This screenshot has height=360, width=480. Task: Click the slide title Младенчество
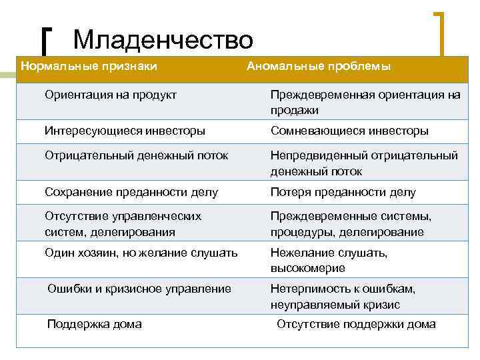click(163, 41)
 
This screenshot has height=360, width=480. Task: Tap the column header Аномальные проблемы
click(319, 67)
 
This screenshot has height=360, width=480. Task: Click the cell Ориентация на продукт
click(111, 95)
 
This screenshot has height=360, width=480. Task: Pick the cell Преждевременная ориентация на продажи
click(365, 102)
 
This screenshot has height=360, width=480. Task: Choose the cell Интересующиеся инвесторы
click(125, 131)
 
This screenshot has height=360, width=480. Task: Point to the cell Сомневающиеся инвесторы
click(349, 131)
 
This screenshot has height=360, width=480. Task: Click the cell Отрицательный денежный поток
click(136, 155)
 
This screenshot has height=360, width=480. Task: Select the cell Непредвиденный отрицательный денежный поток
click(364, 163)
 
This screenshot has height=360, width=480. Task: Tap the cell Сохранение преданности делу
click(131, 193)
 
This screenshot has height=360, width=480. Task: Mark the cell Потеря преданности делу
click(343, 193)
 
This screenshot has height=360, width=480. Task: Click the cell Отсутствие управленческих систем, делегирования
click(123, 224)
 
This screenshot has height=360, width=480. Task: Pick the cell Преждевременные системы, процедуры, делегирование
click(351, 224)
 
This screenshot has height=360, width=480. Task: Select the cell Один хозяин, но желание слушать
click(141, 253)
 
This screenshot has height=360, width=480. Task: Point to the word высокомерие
click(307, 268)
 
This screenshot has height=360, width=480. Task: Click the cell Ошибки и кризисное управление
click(139, 289)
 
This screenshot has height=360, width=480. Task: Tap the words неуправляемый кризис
click(335, 305)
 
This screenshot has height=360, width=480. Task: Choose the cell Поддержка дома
click(94, 325)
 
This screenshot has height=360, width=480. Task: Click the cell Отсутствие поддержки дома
click(356, 325)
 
